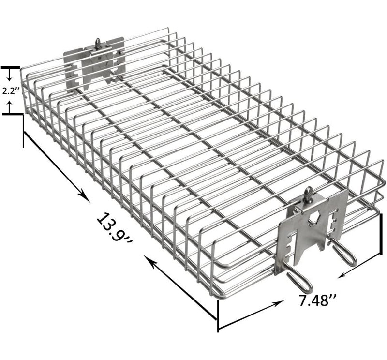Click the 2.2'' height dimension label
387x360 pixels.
(11, 91)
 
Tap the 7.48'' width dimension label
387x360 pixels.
(317, 300)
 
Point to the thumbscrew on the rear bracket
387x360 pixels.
(98, 43)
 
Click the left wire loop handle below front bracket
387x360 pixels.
(299, 280)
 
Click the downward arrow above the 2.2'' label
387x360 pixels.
(9, 75)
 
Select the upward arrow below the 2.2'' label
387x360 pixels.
(9, 106)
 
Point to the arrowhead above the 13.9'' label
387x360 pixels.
(84, 196)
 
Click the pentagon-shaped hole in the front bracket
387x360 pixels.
(313, 218)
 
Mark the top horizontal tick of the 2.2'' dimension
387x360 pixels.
(10, 68)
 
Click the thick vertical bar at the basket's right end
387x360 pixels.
(381, 234)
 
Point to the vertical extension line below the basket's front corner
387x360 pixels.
(218, 316)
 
